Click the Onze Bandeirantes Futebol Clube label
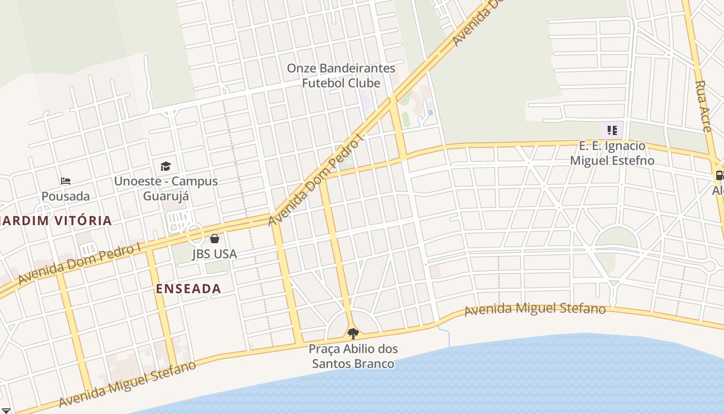pos(341,76)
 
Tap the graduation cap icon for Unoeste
pos(165,166)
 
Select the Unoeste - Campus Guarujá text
pos(165,189)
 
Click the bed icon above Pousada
pos(66,181)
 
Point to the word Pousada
pos(66,196)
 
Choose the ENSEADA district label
pos(188,289)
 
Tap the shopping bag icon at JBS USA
pos(215,239)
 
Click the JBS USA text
pos(215,254)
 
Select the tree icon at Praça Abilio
pos(353,334)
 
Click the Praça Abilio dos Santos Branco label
pos(353,356)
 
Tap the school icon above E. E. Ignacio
pos(612,130)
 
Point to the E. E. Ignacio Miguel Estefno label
pos(612,153)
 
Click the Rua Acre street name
pos(703,106)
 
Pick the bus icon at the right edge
pos(719,175)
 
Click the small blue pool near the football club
pos(430,112)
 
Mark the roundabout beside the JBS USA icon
pos(196,235)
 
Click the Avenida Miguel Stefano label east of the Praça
pos(535,309)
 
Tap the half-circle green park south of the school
pos(616,238)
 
